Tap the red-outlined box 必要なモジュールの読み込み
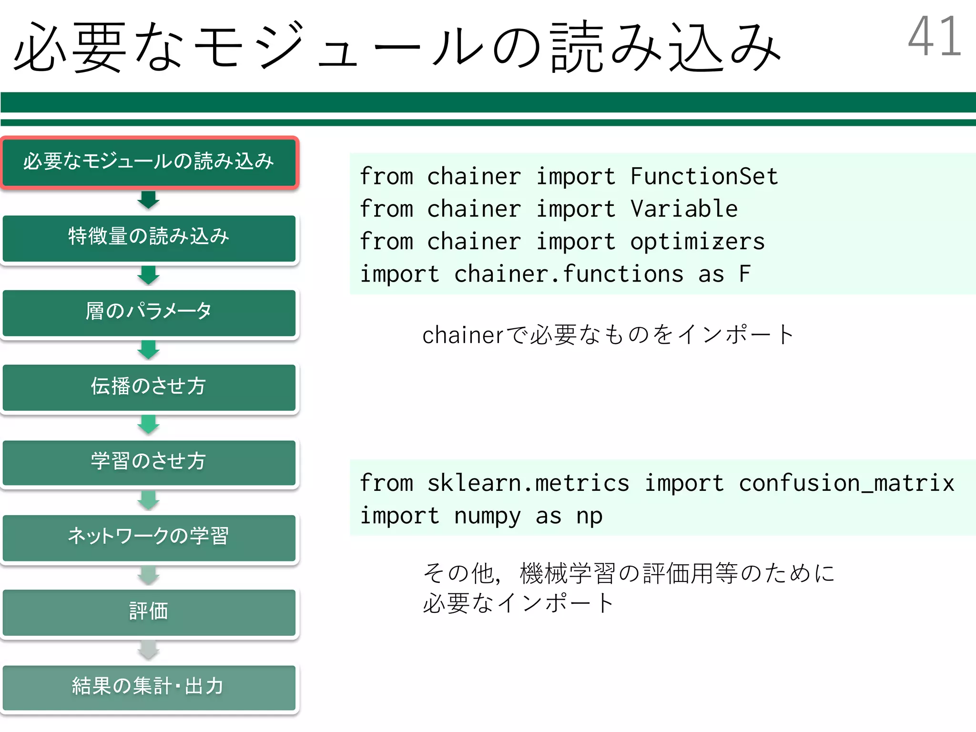tap(149, 162)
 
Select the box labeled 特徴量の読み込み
tap(149, 238)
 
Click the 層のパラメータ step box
tap(149, 313)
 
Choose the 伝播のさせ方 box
tap(149, 387)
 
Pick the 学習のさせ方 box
tap(149, 462)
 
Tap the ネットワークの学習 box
tap(149, 537)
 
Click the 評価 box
tap(149, 612)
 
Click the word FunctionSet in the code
tap(704, 176)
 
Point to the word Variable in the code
tap(684, 209)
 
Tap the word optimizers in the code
tap(697, 242)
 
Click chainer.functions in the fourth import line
tap(569, 274)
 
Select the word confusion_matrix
tap(846, 483)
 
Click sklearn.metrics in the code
tap(528, 483)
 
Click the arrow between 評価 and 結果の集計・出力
tap(149, 650)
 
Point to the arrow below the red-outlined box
tap(149, 200)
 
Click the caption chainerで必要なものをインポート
tap(608, 335)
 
